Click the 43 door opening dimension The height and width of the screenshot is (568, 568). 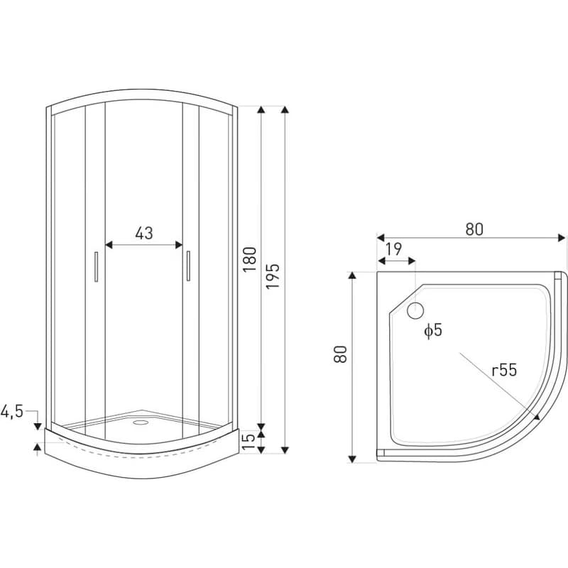(x=144, y=234)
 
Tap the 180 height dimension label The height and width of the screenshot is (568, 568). (x=250, y=259)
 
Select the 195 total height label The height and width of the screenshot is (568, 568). (x=273, y=276)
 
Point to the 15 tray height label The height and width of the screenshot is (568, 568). (x=248, y=441)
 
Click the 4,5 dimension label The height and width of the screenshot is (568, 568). (x=12, y=412)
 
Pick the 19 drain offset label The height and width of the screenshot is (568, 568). (x=393, y=249)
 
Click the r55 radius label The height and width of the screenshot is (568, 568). (x=504, y=370)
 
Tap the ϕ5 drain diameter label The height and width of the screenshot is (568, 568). (x=433, y=330)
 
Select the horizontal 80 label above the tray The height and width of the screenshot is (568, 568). (x=474, y=229)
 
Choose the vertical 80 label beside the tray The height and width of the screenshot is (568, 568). (x=341, y=354)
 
